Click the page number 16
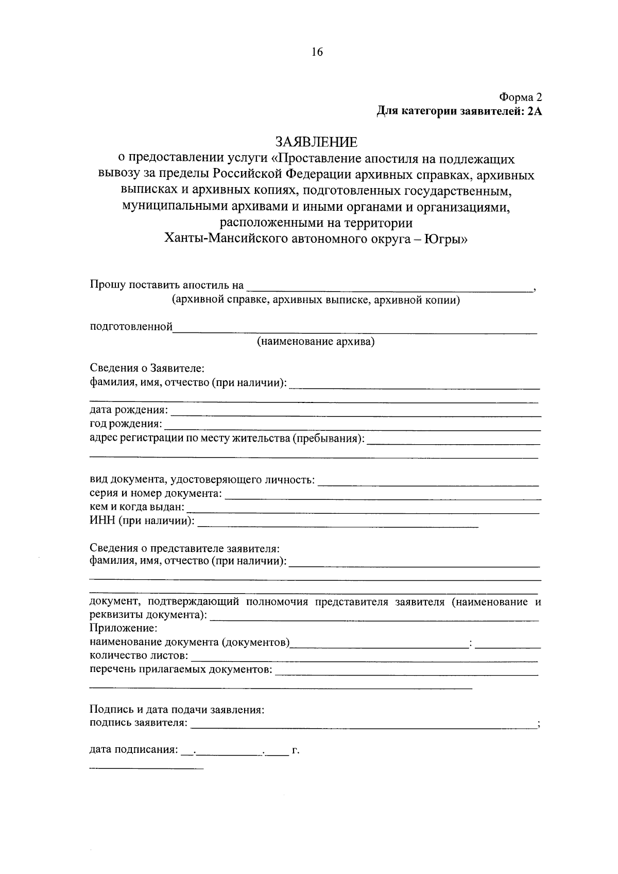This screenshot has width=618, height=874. click(x=316, y=52)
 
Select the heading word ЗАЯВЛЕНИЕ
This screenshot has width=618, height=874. click(x=316, y=142)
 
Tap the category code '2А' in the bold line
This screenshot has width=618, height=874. click(x=535, y=111)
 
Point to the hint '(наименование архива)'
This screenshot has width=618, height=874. click(x=316, y=341)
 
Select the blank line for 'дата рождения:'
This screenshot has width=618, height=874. click(x=355, y=412)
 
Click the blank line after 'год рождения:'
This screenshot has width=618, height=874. click(x=352, y=426)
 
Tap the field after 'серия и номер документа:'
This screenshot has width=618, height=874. click(x=383, y=496)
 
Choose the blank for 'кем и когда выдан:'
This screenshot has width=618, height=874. click(x=363, y=510)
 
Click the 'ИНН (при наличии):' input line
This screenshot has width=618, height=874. click(x=338, y=524)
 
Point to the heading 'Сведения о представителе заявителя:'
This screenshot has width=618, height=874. click(x=184, y=548)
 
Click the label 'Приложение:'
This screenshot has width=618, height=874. click(x=123, y=629)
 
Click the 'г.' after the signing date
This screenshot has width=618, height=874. click(x=295, y=751)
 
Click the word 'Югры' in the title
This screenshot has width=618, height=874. click(x=445, y=239)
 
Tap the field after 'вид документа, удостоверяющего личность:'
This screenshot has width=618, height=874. click(x=427, y=482)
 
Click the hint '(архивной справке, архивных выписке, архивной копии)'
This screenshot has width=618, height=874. click(x=316, y=300)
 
